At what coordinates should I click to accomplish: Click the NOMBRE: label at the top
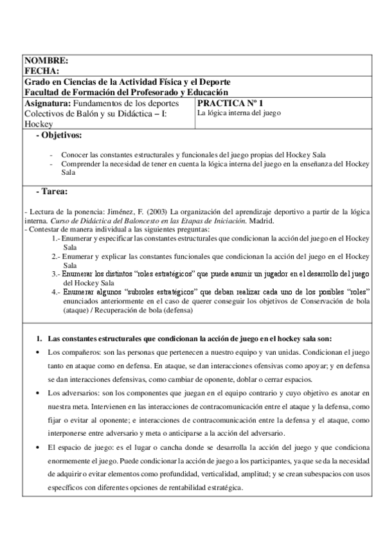click(x=46, y=60)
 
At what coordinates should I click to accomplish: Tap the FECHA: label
click(x=41, y=71)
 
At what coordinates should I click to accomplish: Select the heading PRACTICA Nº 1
click(x=230, y=103)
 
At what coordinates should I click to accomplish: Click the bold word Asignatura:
click(x=48, y=103)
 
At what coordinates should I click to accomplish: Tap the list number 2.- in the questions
click(x=56, y=256)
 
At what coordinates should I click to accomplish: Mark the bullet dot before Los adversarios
click(x=40, y=392)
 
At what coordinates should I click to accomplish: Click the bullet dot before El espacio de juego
click(x=40, y=447)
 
